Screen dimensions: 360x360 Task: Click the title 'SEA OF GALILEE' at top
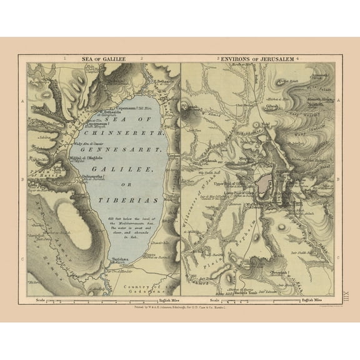pos(104,59)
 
